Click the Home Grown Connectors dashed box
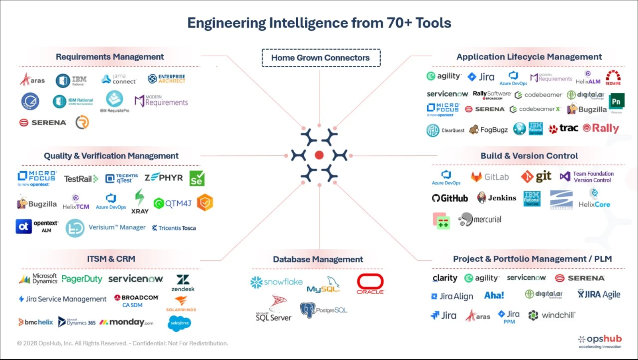coord(321,58)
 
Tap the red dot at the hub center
coord(319,155)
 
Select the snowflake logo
coord(276,282)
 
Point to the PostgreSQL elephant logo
coord(323,310)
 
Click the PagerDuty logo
coord(82,279)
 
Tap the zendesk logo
coord(183,283)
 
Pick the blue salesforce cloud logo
coord(180,323)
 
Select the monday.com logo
coord(126,322)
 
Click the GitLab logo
coord(490,177)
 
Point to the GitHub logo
coord(450,198)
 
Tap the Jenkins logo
coord(497,198)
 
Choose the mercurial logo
coord(479,219)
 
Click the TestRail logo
coord(81,179)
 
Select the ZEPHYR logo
coord(163,178)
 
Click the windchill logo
coord(552,315)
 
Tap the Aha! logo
coord(494,295)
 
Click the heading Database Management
coord(318,259)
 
